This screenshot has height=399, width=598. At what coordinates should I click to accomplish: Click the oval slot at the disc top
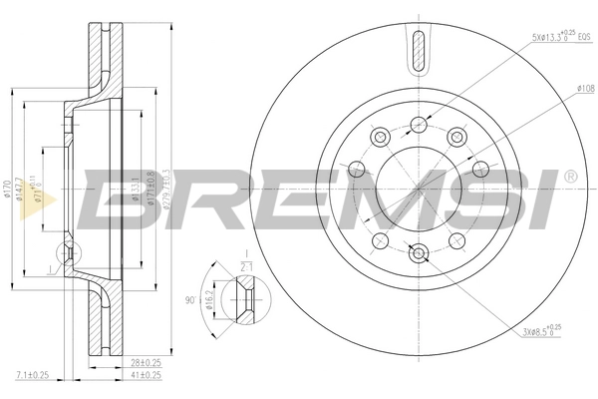coord(418,47)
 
